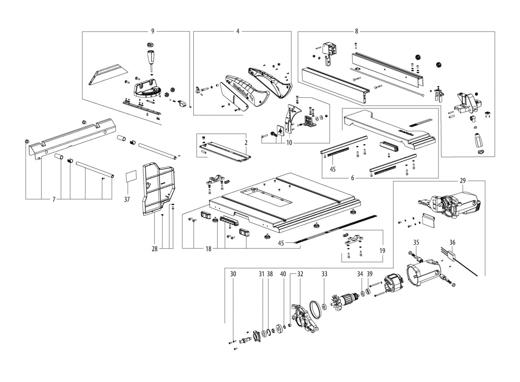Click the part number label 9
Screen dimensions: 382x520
[152, 32]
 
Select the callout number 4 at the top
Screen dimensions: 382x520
[238, 32]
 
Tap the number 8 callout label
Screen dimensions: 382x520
[357, 32]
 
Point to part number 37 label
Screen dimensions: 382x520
[127, 200]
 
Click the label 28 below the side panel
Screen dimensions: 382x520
[154, 249]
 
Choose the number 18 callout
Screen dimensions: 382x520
[208, 249]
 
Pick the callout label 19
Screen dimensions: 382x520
[382, 251]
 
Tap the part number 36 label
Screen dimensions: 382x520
[452, 242]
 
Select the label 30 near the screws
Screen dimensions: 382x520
[233, 274]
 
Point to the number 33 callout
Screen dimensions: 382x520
[324, 274]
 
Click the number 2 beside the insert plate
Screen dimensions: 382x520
[246, 142]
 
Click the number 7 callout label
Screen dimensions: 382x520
[54, 199]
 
